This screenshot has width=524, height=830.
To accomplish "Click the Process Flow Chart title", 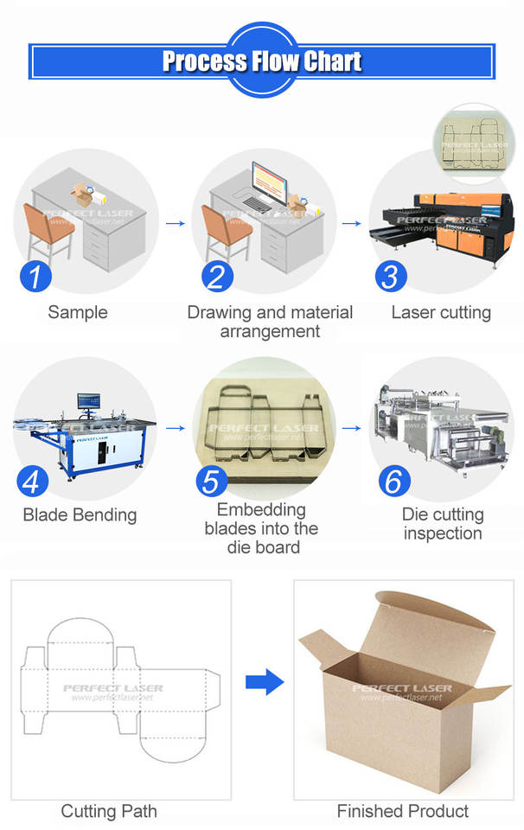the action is [x=262, y=61].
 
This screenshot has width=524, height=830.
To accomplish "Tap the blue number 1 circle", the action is [x=35, y=277].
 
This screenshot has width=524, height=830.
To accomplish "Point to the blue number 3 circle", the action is [x=392, y=277].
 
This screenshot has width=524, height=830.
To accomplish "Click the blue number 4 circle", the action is [x=32, y=482].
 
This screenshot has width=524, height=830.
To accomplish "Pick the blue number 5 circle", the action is [x=212, y=481].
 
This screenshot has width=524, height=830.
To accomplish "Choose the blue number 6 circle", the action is [x=393, y=482].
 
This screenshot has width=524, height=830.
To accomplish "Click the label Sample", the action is [x=78, y=312].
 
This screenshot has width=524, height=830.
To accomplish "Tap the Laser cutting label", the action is [x=441, y=312].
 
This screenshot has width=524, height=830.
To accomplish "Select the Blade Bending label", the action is [x=80, y=515].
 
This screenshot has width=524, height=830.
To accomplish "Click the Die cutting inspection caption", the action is [x=443, y=524].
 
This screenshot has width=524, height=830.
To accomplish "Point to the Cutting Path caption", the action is [x=109, y=811].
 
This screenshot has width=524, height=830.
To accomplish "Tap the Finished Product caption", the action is [x=403, y=811].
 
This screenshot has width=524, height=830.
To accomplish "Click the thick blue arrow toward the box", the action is [x=264, y=683].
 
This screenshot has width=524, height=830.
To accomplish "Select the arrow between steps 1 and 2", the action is [x=176, y=223].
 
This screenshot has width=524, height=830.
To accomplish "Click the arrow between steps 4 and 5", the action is [x=176, y=427].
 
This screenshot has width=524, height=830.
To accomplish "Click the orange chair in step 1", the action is [x=48, y=228].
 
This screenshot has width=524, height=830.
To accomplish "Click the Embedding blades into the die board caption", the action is [x=261, y=528].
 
